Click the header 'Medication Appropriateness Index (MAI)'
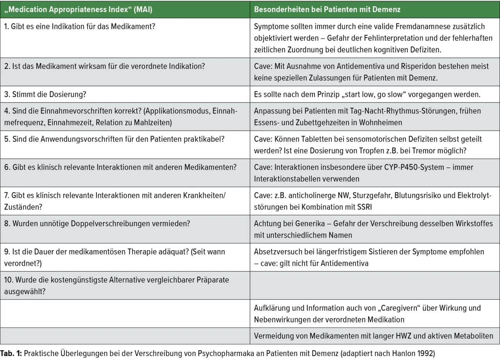(x=78, y=9)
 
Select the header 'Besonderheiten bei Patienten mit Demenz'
(x=327, y=9)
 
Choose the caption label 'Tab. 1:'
(x=11, y=354)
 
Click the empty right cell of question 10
(x=375, y=285)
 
